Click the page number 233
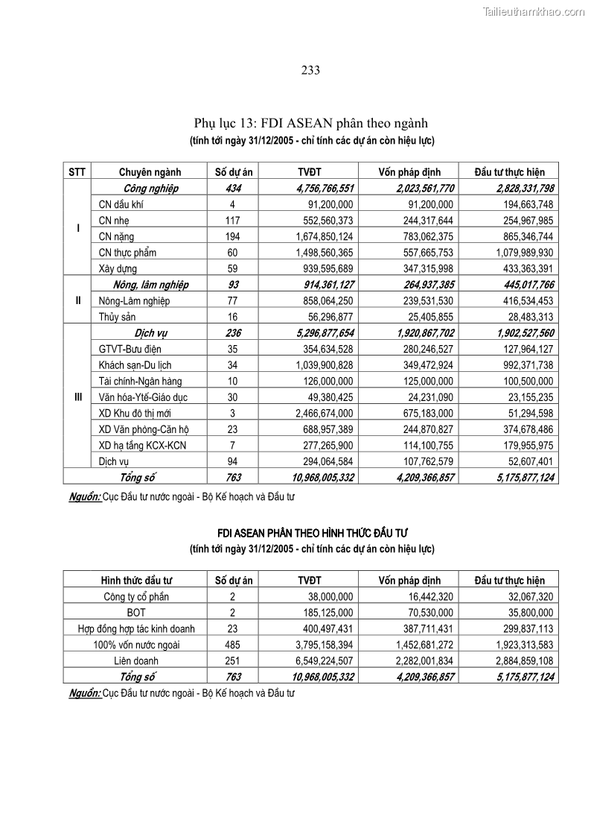310,71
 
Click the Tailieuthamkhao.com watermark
534,11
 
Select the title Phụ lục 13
310,123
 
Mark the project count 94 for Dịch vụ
232,461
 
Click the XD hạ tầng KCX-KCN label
142,445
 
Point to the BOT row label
136,613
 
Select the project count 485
232,645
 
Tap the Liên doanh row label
136,660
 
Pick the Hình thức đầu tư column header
136,581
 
